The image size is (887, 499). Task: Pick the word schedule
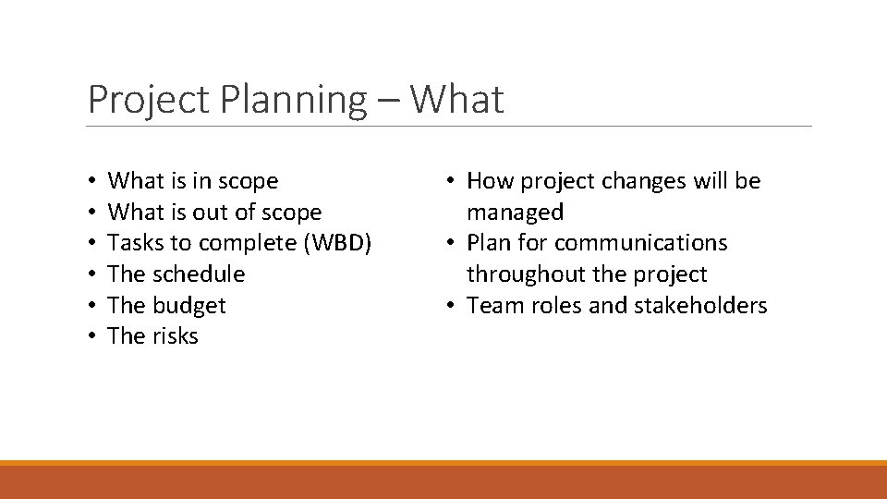click(x=199, y=274)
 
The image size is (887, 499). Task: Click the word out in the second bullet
click(x=211, y=213)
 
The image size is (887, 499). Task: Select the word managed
click(x=515, y=213)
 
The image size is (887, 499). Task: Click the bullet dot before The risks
click(x=93, y=336)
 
